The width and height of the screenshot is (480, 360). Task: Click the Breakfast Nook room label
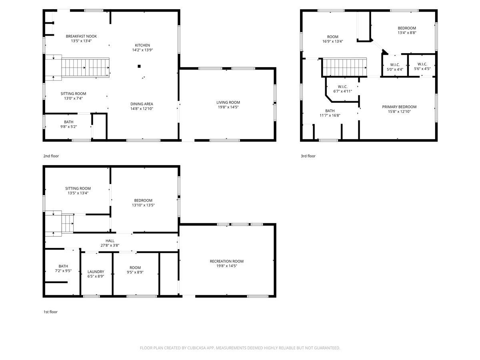click(81, 36)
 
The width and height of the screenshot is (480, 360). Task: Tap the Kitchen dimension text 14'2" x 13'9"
click(142, 50)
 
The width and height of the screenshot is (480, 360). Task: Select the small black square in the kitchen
click(139, 66)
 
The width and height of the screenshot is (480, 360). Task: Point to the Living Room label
click(228, 102)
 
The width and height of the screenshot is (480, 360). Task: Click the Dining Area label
click(142, 104)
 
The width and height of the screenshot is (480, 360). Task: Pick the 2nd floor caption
click(51, 156)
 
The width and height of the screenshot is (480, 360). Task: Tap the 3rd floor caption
click(308, 156)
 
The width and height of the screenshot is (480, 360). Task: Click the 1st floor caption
click(50, 312)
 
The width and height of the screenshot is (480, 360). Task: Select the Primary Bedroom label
click(399, 107)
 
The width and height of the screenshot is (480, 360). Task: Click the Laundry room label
click(96, 272)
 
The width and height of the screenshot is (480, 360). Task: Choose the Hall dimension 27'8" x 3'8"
click(110, 245)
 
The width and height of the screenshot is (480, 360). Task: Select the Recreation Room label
click(226, 261)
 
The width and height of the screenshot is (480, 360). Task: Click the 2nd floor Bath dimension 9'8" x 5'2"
click(69, 126)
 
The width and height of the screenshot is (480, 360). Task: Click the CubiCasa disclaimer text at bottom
click(240, 348)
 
